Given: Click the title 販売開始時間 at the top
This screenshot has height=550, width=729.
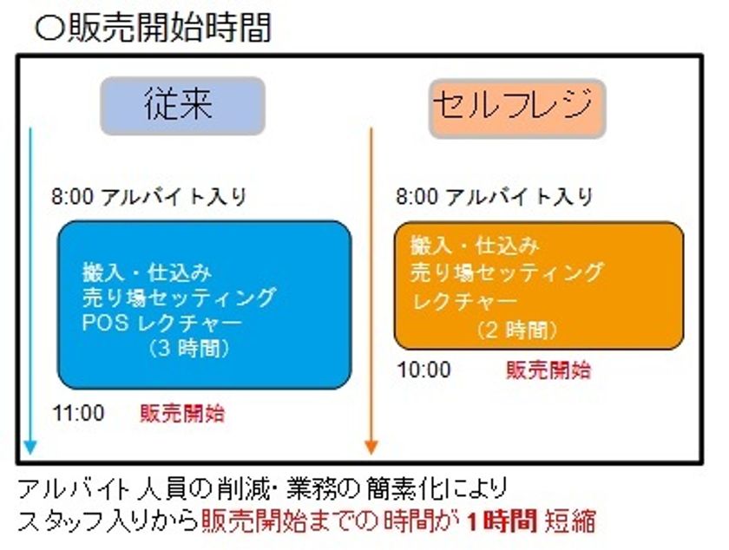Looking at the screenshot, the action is pos(168,28).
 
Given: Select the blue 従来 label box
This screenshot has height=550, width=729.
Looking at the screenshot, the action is pos(183,106).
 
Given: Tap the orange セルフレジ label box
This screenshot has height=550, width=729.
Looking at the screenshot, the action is pos(517,108).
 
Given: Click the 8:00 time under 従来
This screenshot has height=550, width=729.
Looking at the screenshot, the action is pos(73,197).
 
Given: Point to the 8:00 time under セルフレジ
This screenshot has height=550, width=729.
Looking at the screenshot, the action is pos(417,197).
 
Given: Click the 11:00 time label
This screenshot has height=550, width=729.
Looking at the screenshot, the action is pos(79,413).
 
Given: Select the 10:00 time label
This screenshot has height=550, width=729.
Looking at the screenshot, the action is pos(424,370).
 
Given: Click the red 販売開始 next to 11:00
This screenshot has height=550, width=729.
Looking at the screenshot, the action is pos(182,413).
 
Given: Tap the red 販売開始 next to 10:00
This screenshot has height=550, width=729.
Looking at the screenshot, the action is pos(548,370).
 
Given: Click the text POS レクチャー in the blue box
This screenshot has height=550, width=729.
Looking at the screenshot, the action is pos(161,323).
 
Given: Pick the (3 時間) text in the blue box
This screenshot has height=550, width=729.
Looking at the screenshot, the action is pos(188,348).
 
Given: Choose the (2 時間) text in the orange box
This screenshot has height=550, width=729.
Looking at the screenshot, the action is pos(517,331).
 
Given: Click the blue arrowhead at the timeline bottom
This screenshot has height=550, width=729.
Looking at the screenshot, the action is pos(30,447).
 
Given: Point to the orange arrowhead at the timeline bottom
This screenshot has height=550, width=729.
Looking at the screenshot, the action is pos(371,447).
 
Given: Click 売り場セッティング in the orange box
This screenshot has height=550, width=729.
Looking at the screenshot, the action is pos(507,273).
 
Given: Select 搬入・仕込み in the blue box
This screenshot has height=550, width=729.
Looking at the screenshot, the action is pos(147,272).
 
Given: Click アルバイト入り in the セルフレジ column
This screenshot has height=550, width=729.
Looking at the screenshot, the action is pos(519,197).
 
